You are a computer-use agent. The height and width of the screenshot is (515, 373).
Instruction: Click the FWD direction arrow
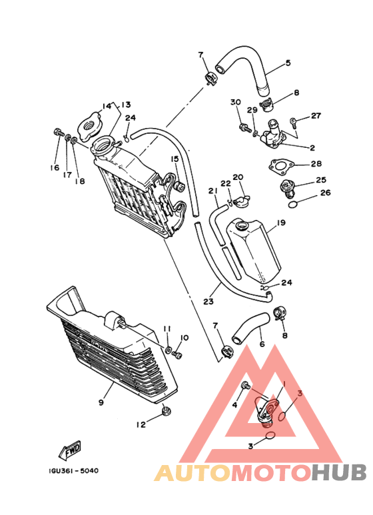click(70, 450)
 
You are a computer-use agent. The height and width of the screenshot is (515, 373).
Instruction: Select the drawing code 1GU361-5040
click(73, 470)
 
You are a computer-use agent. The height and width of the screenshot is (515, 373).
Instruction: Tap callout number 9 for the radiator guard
click(101, 402)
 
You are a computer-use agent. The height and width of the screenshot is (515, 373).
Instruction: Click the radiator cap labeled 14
click(90, 127)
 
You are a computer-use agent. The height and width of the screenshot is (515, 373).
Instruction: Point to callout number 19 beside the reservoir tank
click(281, 223)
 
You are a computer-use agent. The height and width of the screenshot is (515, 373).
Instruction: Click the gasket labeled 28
click(279, 168)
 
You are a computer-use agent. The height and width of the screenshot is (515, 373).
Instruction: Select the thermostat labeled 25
click(287, 189)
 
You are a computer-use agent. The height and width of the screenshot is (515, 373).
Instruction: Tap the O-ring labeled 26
click(293, 205)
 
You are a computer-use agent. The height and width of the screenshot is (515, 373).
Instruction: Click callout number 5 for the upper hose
click(288, 63)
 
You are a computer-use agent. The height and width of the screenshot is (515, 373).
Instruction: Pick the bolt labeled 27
click(293, 123)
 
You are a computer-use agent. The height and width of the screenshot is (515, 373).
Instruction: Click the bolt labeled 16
click(58, 133)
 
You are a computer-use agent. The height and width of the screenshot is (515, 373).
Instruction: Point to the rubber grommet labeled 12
click(166, 411)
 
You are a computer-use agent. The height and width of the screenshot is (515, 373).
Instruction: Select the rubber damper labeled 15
click(180, 187)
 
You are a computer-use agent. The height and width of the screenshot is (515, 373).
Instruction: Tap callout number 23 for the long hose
click(208, 301)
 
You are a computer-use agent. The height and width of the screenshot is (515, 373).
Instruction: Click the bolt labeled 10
click(177, 354)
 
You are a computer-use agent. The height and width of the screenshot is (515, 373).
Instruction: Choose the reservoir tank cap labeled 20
click(242, 201)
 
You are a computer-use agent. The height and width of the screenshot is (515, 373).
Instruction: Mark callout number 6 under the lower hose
click(262, 344)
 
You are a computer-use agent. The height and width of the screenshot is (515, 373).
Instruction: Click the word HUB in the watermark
click(339, 473)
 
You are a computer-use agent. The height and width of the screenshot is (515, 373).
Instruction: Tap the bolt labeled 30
click(245, 127)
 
